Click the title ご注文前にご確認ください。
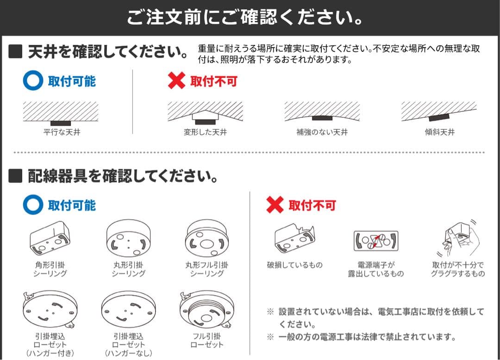click(245, 18)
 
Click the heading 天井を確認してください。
click(107, 52)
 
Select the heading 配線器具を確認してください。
click(122, 177)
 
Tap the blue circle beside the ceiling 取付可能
click(33, 82)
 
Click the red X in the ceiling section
click(176, 82)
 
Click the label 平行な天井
click(62, 133)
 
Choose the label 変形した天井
click(205, 133)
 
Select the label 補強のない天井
click(322, 133)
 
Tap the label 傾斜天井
click(439, 133)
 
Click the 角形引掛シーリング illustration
click(49, 239)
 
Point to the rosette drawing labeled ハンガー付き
click(49, 309)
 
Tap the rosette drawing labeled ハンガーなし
click(128, 309)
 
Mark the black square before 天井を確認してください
click(16, 52)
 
